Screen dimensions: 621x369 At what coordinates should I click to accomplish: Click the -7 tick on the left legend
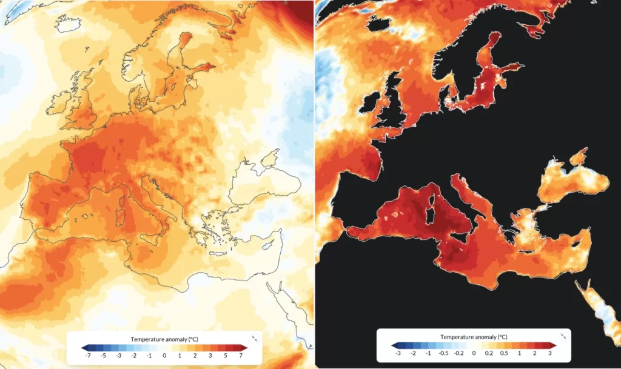point(88,356)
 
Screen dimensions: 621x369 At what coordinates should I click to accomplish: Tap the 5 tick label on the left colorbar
point(226,356)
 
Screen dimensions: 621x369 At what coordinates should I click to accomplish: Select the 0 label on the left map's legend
point(164,356)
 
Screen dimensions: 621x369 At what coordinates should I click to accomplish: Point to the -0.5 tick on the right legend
point(443,353)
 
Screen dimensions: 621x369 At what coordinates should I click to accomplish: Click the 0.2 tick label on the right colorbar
point(489,353)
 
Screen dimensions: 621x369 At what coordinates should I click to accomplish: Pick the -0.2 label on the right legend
point(458,353)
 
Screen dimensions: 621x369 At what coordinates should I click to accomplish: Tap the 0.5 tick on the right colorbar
point(504,353)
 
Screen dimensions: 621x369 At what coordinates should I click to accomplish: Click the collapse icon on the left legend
point(254,339)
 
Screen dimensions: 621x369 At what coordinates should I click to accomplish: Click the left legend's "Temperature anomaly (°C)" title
point(164,339)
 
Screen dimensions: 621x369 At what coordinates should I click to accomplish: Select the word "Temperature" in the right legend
point(455,337)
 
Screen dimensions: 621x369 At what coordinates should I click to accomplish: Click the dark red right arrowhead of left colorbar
point(244,348)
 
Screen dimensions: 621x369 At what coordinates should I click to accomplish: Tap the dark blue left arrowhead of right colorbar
point(395,345)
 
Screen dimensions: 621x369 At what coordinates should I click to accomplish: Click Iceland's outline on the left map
point(68,24)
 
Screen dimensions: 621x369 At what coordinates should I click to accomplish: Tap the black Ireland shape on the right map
point(371,104)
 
